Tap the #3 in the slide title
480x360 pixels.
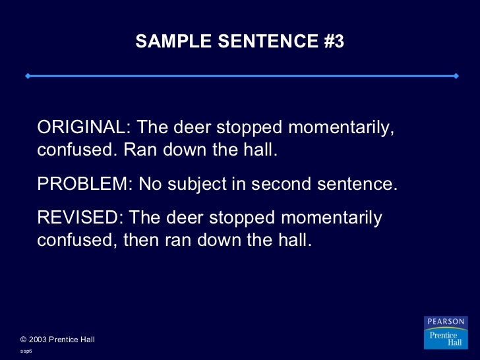[334, 42]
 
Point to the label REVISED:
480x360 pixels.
[80, 218]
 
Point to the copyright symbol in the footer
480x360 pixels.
[24, 340]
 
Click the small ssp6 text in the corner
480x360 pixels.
[26, 351]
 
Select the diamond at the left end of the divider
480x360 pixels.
[27, 76]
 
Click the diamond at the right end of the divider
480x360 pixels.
[456, 76]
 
